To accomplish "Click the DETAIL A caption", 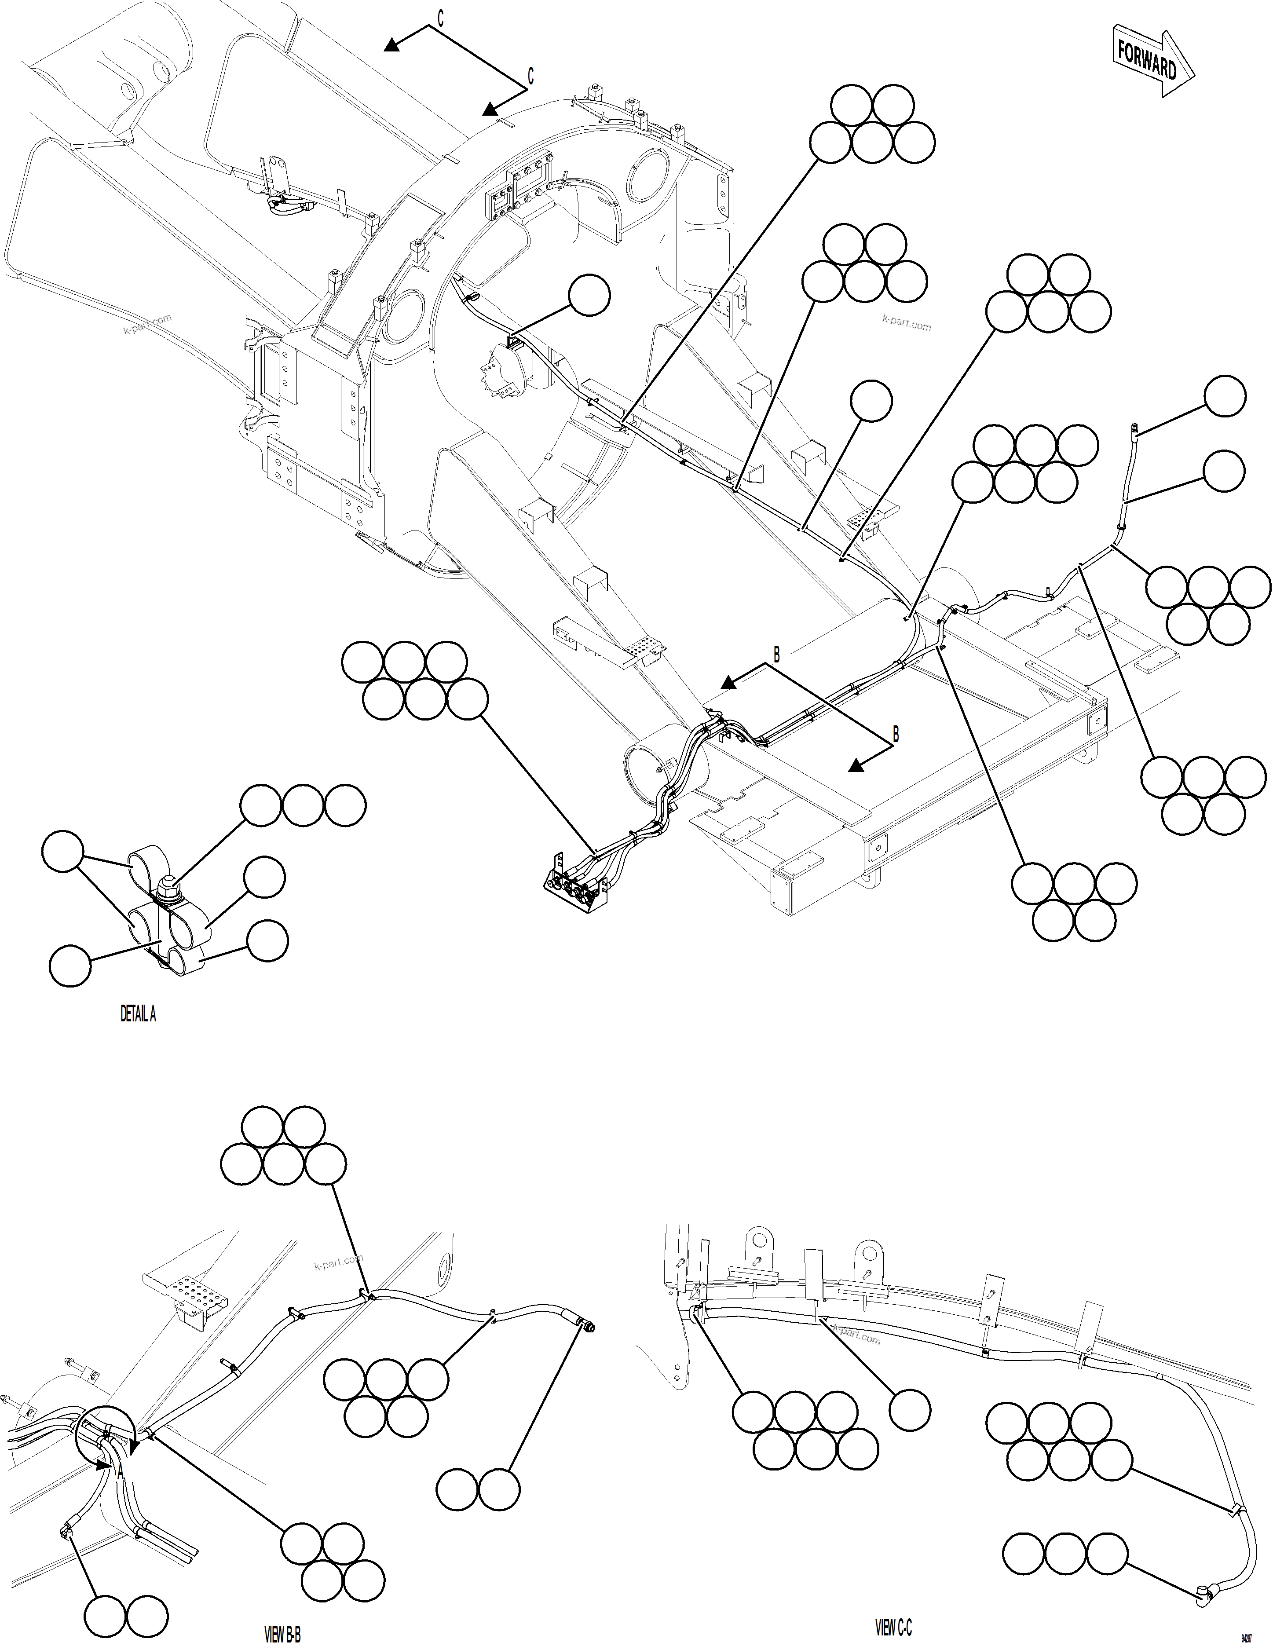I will (x=138, y=1014).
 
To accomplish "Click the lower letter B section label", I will (x=896, y=733).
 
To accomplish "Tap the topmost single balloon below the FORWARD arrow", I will (x=1224, y=396).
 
